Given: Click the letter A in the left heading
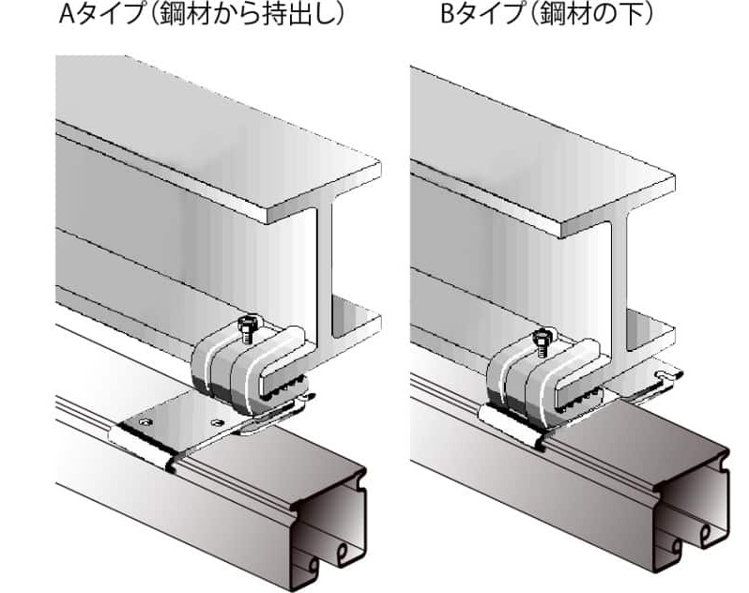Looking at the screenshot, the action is (67, 14).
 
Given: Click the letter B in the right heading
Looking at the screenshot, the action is (448, 14).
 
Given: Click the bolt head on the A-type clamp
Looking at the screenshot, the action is (248, 323).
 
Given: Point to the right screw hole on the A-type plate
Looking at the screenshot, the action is (218, 422).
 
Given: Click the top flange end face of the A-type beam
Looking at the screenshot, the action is (325, 186).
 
